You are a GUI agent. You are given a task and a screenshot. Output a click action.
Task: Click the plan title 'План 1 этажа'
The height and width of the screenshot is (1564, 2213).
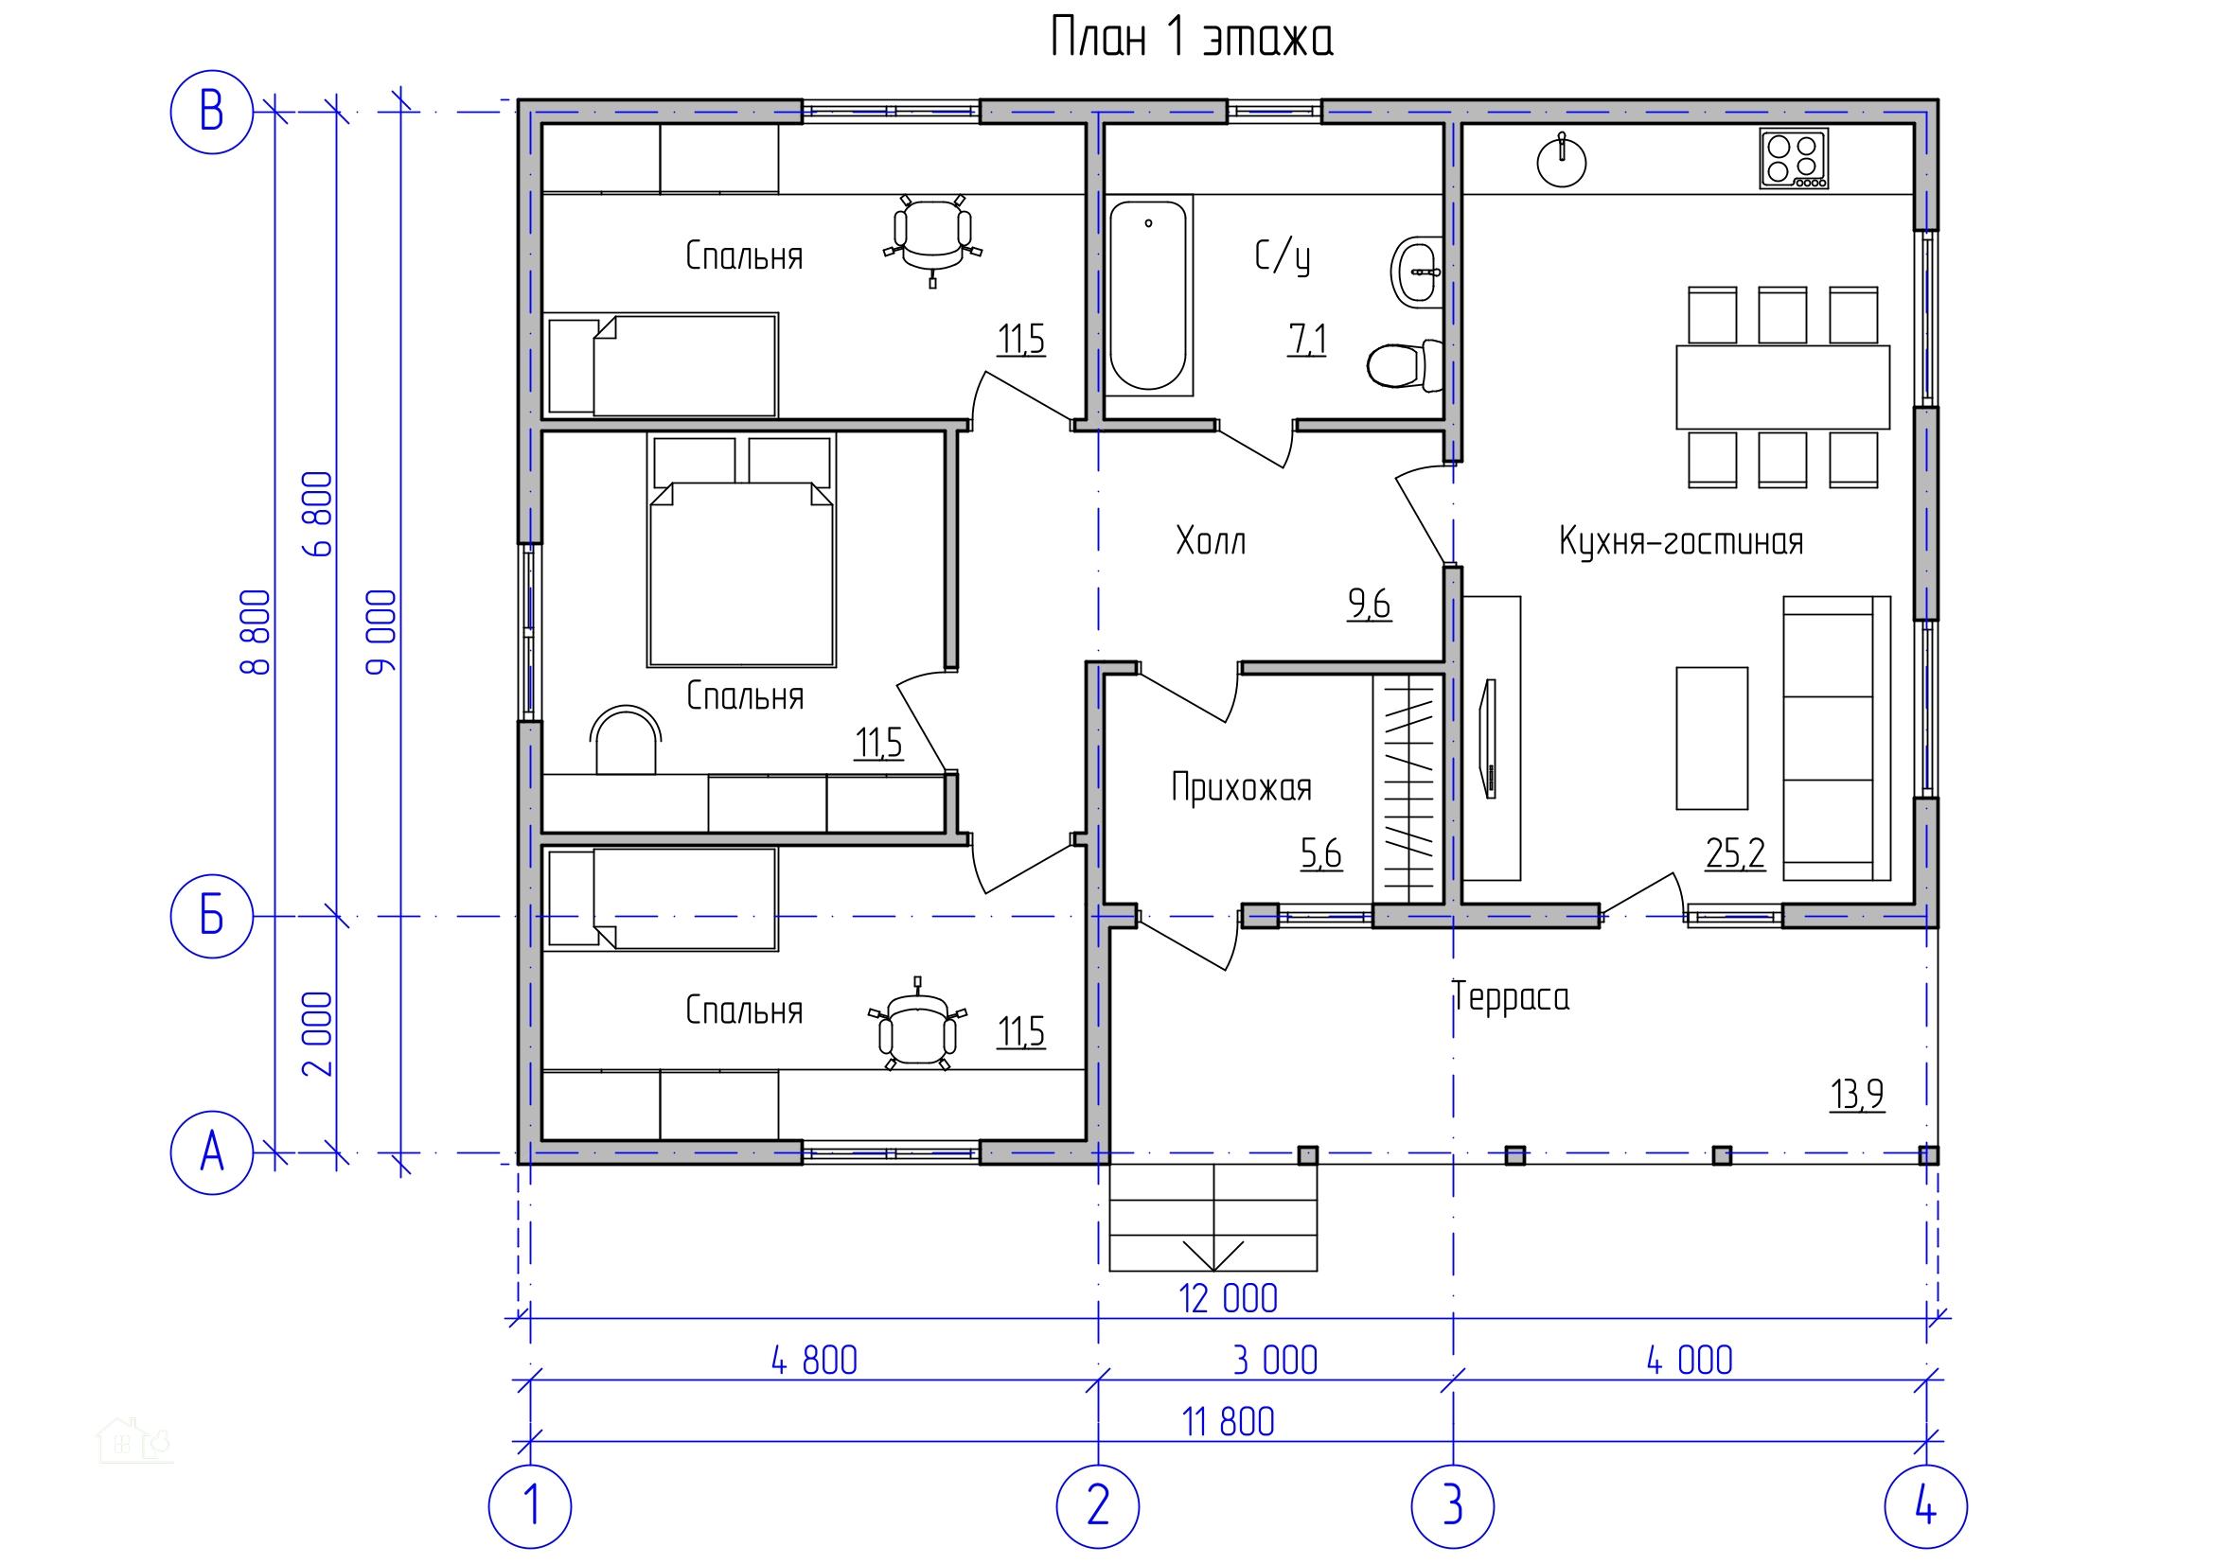click(x=1192, y=40)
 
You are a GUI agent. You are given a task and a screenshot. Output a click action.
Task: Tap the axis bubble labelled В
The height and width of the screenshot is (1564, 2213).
click(x=211, y=113)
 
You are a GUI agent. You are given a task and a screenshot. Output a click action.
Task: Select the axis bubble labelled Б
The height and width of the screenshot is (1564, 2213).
click(x=211, y=917)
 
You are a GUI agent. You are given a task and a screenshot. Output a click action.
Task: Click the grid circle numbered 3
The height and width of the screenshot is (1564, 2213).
click(x=1453, y=1505)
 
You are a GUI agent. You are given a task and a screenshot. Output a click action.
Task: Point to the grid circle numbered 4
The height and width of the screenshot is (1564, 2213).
click(x=1926, y=1505)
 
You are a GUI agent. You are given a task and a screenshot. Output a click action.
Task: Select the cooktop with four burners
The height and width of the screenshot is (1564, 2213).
click(x=1793, y=159)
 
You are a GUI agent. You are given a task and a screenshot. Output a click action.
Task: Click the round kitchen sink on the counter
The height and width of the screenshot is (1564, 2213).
click(x=1561, y=161)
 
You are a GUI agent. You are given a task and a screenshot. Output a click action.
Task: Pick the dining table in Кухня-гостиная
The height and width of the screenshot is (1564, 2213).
click(x=1783, y=386)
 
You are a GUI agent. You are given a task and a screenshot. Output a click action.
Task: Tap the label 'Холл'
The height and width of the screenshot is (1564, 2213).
click(x=1211, y=541)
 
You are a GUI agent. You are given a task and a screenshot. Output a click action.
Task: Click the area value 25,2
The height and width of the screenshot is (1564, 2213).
click(x=1735, y=853)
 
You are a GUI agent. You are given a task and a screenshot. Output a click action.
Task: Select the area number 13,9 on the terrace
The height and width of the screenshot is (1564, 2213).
click(x=1856, y=1096)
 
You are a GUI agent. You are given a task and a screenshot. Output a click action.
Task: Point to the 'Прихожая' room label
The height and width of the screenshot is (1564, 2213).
click(x=1242, y=788)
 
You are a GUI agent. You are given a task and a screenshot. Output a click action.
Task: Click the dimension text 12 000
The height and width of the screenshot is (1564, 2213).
click(x=1229, y=1299)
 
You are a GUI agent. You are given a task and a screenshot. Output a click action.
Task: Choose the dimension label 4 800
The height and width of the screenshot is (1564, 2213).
click(x=814, y=1361)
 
